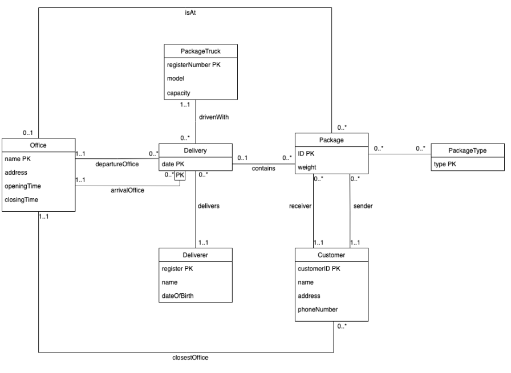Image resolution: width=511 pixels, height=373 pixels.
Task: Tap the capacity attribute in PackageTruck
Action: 179,92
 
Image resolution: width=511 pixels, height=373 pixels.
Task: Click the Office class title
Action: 38,145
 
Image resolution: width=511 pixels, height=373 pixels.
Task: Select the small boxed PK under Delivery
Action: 180,175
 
